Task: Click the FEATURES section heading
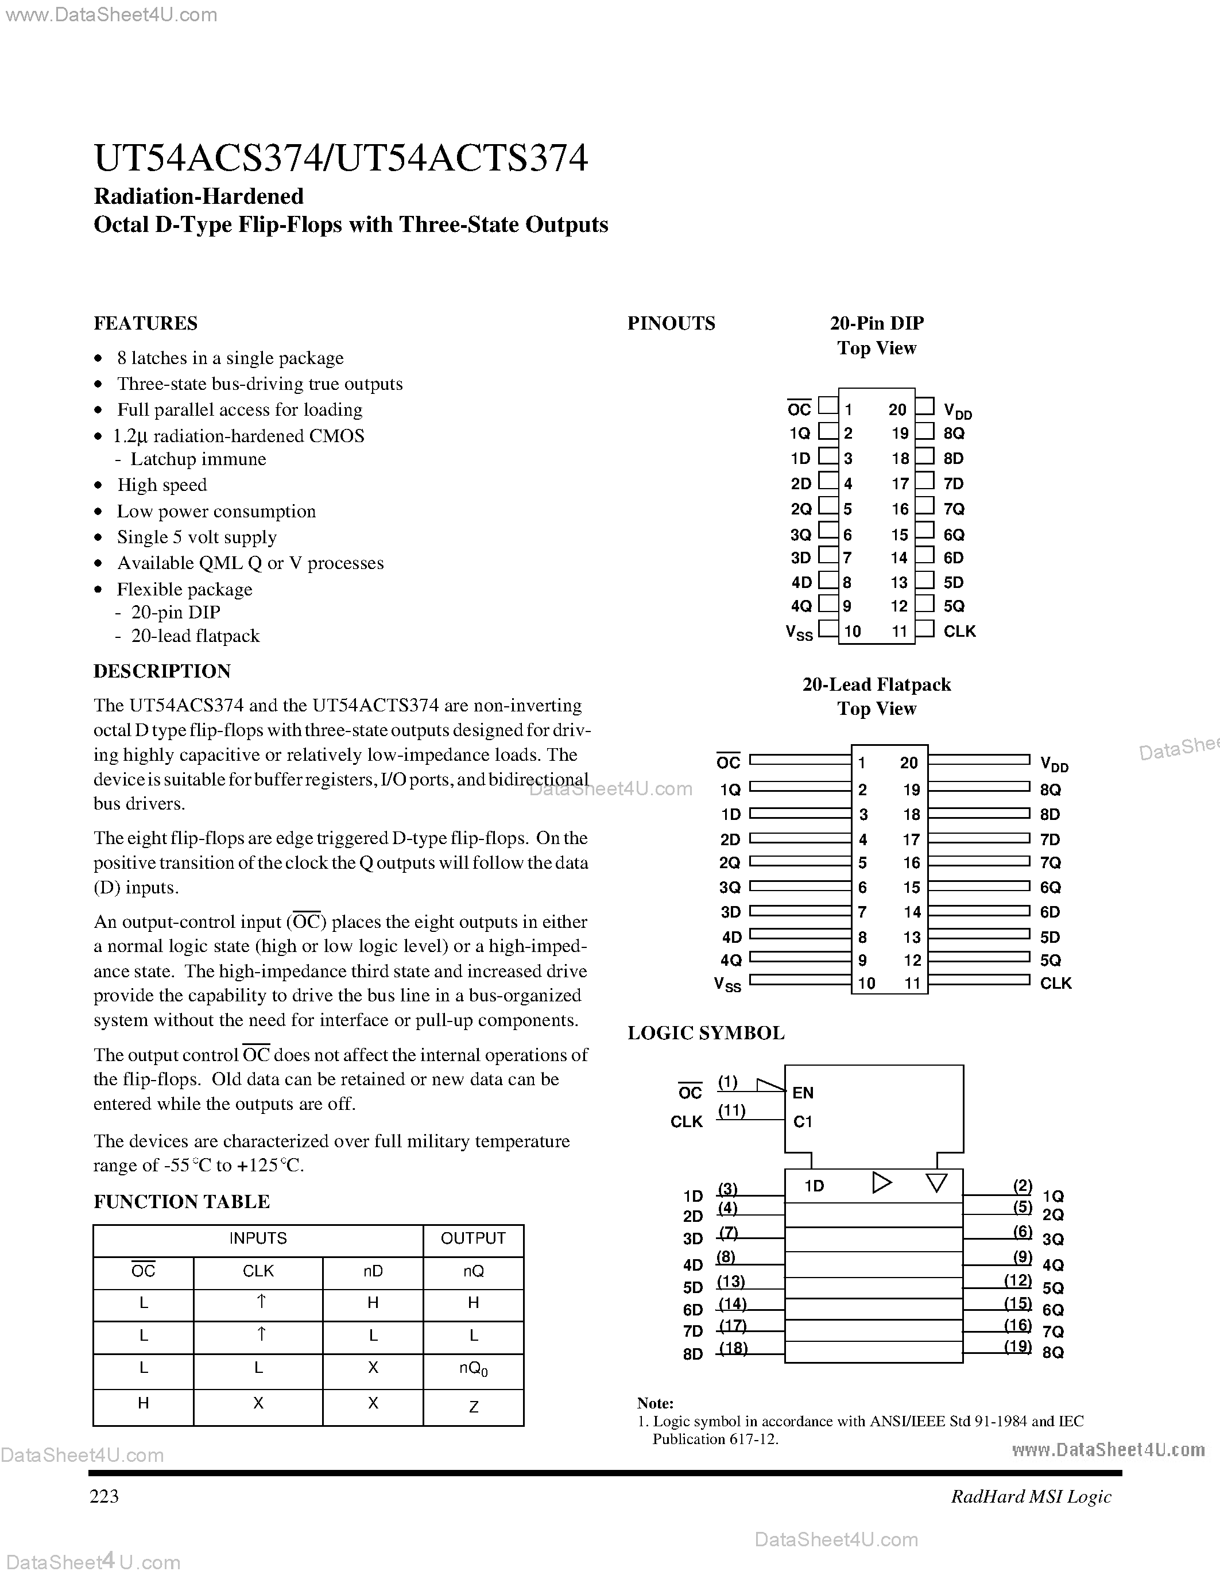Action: (x=145, y=323)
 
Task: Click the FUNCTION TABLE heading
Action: (x=181, y=1202)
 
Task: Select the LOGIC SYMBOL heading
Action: (x=706, y=1032)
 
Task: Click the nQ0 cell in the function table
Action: (x=474, y=1369)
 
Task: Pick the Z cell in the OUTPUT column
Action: (x=474, y=1406)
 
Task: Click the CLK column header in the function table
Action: (x=258, y=1271)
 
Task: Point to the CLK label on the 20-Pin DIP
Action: (x=959, y=631)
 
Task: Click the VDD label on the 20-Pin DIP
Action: (x=958, y=411)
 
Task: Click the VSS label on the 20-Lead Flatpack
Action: (x=727, y=984)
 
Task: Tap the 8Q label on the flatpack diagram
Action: (x=1050, y=789)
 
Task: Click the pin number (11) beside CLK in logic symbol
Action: (x=731, y=1110)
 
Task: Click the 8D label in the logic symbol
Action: (x=692, y=1353)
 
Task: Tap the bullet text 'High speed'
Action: (x=162, y=485)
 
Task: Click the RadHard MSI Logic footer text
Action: (x=1031, y=1496)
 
